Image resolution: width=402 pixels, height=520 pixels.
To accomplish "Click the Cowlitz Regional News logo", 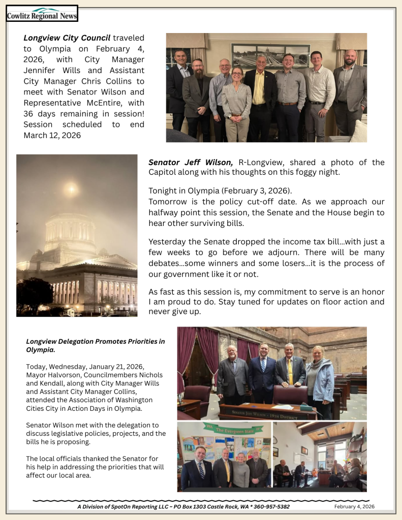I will tap(42, 14).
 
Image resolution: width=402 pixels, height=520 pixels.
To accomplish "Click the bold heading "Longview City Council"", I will tap(67, 38).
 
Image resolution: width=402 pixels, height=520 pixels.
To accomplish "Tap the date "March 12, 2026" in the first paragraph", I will tap(52, 135).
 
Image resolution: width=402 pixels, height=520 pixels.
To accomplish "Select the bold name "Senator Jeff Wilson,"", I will tap(191, 162).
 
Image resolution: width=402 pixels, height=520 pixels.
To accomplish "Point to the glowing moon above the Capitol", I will tap(72, 189).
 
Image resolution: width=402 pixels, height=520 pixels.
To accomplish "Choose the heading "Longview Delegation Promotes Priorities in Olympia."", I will tap(95, 345).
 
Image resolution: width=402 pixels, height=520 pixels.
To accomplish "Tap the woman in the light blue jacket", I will tap(319, 378).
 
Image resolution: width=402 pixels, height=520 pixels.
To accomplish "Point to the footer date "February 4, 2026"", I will tap(354, 507).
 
